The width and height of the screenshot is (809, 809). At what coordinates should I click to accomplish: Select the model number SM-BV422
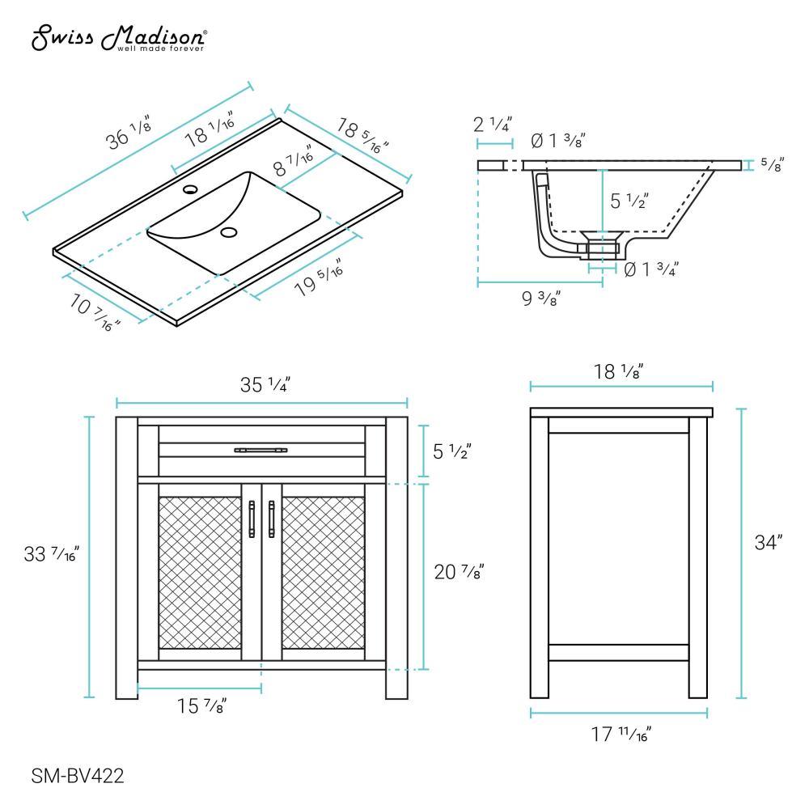[77, 777]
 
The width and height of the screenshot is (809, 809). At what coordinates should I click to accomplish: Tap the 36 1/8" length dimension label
[129, 135]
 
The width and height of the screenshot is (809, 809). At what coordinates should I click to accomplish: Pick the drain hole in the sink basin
[229, 234]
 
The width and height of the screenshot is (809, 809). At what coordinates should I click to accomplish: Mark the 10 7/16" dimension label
[95, 311]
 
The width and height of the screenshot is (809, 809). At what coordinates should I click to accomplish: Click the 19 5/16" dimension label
[317, 279]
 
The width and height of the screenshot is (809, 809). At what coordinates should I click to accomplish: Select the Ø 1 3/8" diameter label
[558, 141]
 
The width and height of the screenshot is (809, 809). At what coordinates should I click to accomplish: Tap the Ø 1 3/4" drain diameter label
[650, 269]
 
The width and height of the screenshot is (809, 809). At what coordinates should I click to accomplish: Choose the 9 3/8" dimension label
[540, 299]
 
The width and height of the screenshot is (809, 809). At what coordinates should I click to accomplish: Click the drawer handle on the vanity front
[260, 449]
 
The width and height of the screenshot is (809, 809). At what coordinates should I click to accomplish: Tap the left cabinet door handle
[252, 519]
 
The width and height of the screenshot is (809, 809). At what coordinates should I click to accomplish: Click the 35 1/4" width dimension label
[262, 385]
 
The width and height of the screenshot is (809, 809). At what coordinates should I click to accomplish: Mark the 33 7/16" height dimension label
[52, 556]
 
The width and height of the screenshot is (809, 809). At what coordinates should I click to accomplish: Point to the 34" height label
[769, 542]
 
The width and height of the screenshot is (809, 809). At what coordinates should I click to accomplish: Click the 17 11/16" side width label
[619, 735]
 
